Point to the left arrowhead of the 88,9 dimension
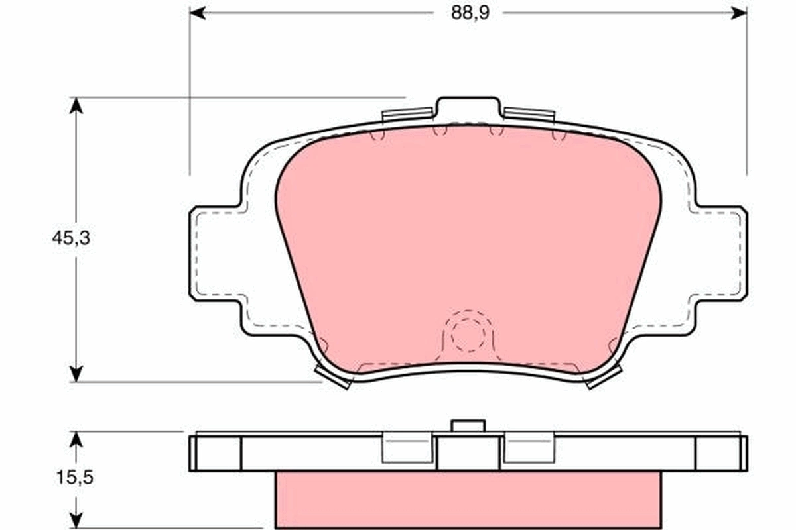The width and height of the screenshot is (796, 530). click(198, 13)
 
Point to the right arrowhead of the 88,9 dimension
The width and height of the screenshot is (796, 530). click(739, 13)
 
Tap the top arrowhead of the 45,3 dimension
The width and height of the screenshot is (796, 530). click(77, 105)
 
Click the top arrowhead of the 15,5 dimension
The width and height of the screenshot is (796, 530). click(77, 439)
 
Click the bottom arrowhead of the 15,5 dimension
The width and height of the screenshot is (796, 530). click(77, 521)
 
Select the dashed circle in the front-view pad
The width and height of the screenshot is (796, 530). click(468, 335)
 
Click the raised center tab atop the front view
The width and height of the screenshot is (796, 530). click(468, 107)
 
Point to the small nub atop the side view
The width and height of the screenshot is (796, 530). click(468, 425)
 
